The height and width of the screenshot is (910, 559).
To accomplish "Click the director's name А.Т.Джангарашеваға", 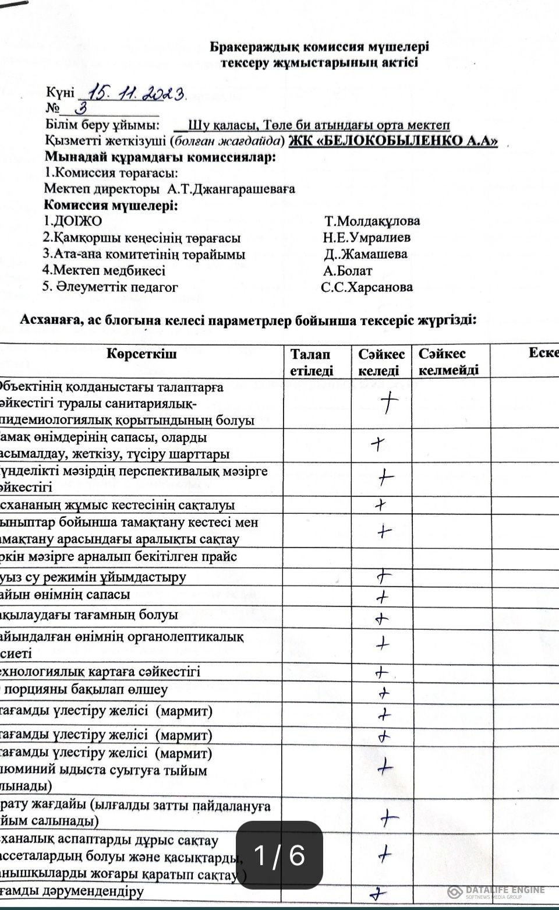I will [x=231, y=189].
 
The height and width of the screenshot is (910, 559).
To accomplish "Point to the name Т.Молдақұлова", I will [x=372, y=221].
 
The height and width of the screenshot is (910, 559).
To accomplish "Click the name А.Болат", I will [x=348, y=270].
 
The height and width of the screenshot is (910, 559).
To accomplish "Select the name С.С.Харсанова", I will [x=366, y=287].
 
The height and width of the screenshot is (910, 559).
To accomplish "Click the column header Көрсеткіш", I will [x=141, y=354].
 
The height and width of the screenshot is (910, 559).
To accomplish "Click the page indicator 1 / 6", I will [x=279, y=855].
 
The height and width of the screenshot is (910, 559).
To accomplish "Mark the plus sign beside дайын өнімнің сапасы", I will [x=382, y=597].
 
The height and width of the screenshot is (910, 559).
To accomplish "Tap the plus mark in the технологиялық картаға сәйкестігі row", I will [x=381, y=673].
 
